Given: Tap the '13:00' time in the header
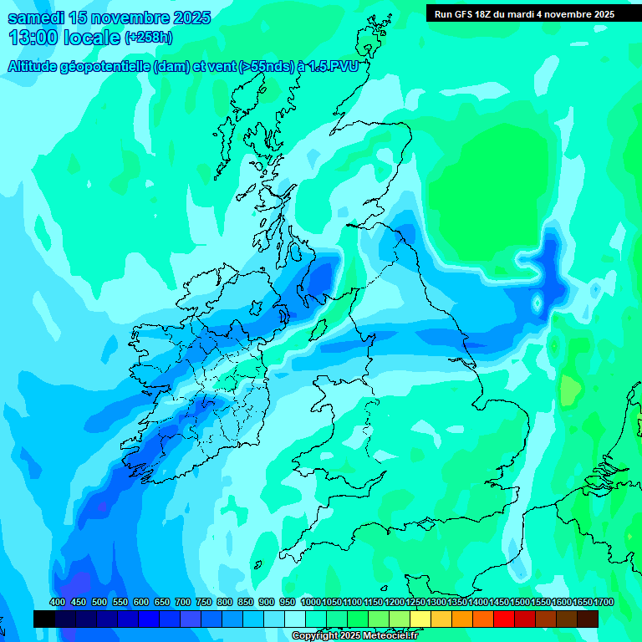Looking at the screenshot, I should click(34, 38).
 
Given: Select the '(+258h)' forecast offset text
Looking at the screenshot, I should click(149, 38).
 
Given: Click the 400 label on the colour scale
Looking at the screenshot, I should click(58, 603).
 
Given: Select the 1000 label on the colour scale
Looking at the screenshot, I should click(311, 603).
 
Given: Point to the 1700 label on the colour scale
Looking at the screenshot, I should click(604, 603).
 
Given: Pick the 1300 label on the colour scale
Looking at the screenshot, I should click(436, 603).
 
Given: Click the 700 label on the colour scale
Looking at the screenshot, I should click(183, 603).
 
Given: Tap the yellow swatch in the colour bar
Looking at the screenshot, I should click(420, 619).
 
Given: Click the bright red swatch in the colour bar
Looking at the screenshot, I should click(504, 619).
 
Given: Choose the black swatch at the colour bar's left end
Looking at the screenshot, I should click(44, 619).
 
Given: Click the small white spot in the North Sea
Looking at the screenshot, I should click(537, 302).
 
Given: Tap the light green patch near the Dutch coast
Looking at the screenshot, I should click(570, 389).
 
